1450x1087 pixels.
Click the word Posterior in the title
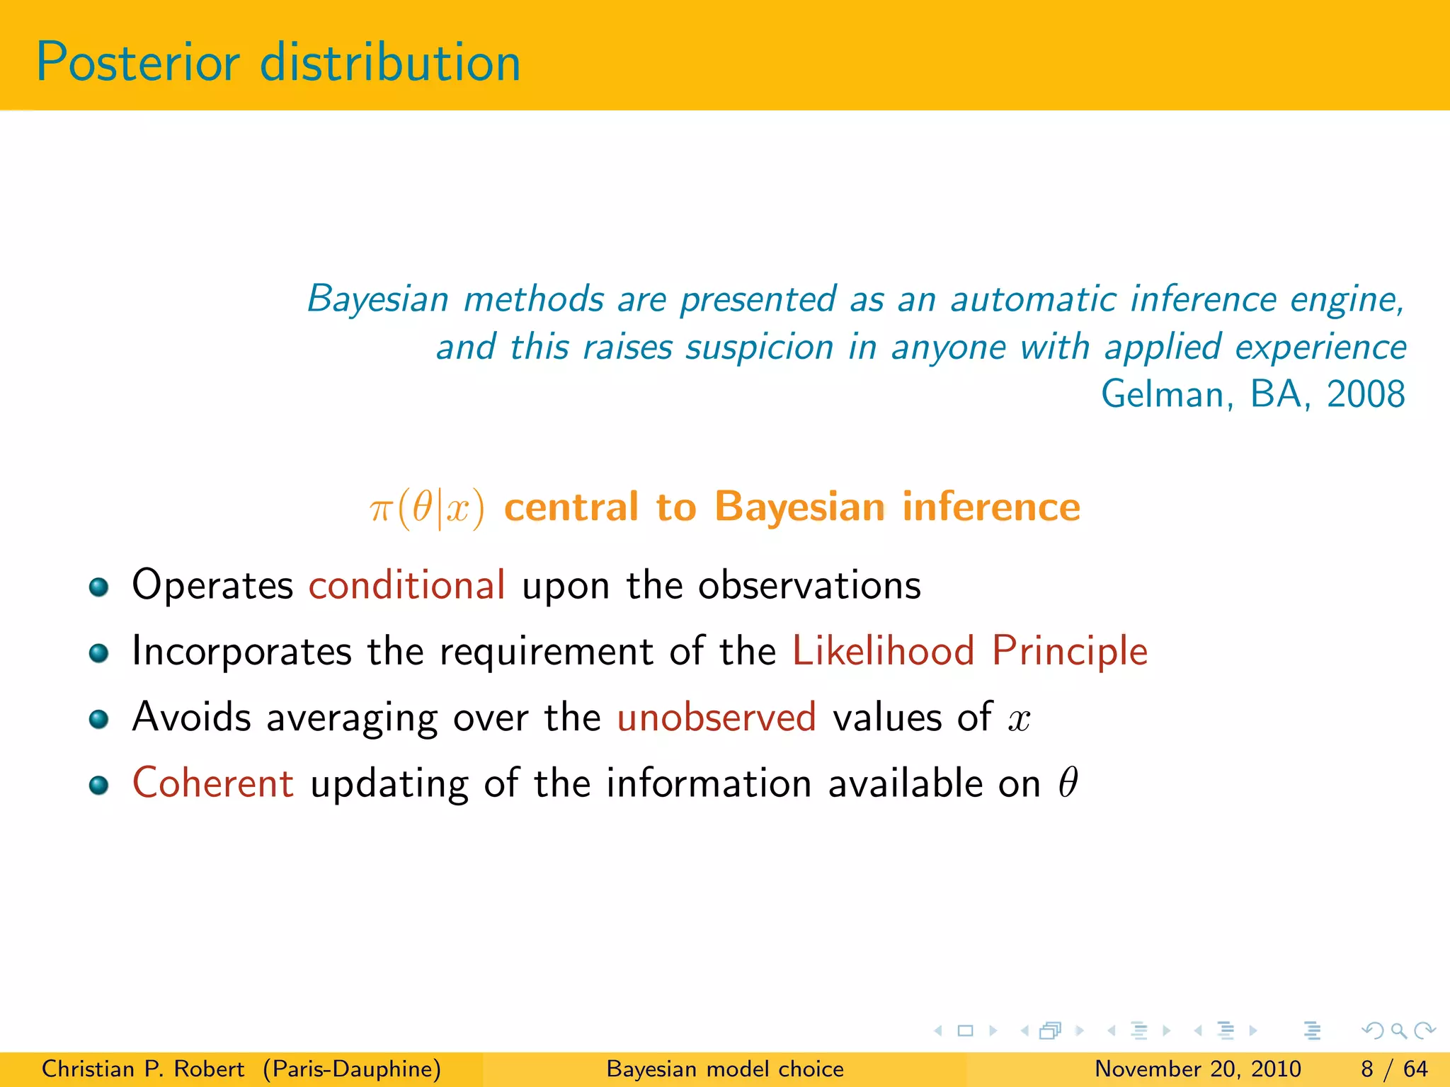(138, 64)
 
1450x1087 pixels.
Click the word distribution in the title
(390, 64)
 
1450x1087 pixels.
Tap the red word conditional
(406, 586)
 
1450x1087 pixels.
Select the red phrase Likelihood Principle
(969, 652)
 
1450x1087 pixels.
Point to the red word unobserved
(717, 718)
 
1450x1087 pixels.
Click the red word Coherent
(213, 783)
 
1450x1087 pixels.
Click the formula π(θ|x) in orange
(427, 508)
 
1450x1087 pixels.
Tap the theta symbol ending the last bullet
(1068, 783)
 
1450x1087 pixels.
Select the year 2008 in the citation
(1365, 395)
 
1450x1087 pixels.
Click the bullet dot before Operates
(98, 587)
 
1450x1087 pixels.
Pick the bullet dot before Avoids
(98, 720)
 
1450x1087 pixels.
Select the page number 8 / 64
(1393, 1069)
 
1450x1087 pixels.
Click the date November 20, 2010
(1197, 1069)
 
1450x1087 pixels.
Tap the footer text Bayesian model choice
(725, 1069)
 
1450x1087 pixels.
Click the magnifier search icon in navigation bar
(1398, 1031)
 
